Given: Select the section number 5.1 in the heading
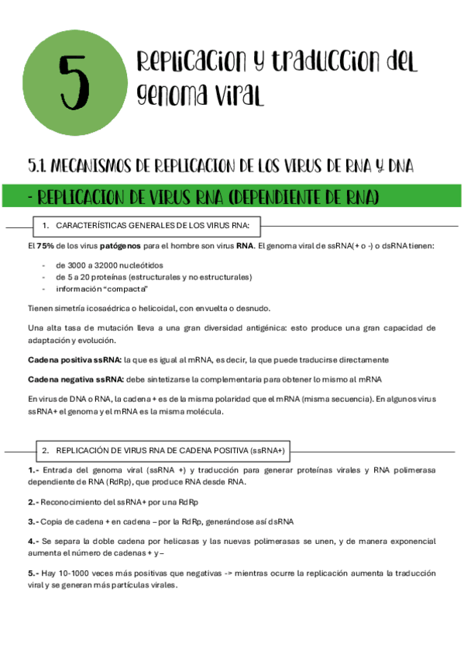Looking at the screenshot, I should coord(40,165).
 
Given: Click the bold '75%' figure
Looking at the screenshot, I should coord(44,246).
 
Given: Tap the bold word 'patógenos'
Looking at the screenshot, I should coord(119,246).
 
